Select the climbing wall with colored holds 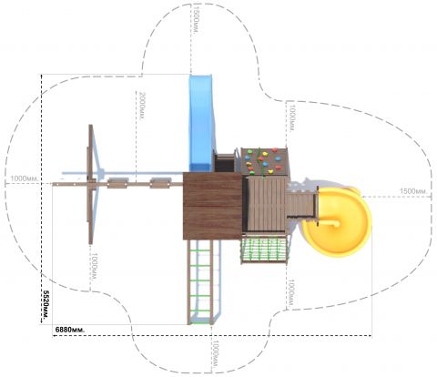point(265,161)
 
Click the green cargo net point(264,250)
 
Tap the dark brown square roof point(212,206)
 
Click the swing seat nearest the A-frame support point(117,183)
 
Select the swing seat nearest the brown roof point(160,183)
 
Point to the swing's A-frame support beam point(90,184)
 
